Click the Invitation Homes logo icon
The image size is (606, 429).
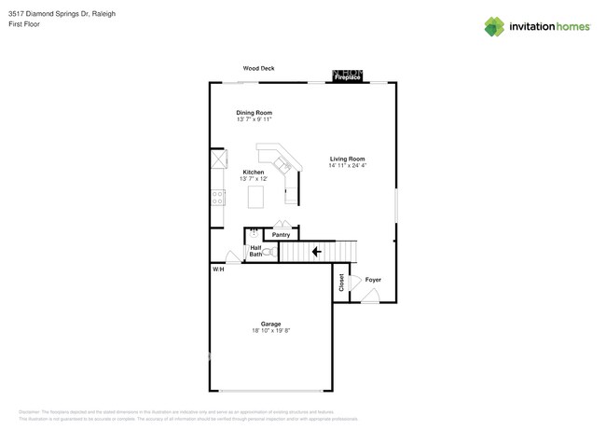[493, 26]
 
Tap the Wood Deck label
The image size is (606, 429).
[258, 68]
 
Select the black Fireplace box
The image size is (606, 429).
[348, 76]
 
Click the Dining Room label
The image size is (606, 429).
[254, 113]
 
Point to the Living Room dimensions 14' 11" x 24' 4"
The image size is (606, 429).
[347, 166]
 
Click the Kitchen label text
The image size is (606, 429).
[254, 172]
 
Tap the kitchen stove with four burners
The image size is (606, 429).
[217, 198]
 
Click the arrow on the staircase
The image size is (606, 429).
[317, 251]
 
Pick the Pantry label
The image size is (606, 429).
[281, 235]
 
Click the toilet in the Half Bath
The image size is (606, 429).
[268, 252]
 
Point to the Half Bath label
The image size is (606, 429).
[255, 251]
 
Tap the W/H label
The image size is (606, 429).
[218, 270]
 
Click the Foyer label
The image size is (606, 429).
[373, 280]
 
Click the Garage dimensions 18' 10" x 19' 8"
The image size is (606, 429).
[270, 331]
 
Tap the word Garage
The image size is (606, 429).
[270, 324]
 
